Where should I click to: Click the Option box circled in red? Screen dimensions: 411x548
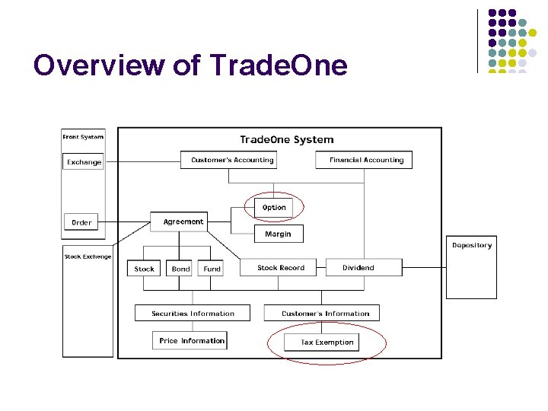point(274,207)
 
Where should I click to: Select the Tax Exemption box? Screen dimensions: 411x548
point(327,342)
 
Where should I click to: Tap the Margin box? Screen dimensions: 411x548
point(278,234)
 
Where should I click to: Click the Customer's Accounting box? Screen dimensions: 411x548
point(231,160)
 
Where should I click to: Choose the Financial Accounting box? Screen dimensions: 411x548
point(366,160)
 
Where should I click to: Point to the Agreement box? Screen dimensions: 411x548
point(183,221)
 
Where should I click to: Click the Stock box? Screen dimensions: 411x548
point(144,268)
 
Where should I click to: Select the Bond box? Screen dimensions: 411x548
point(180,268)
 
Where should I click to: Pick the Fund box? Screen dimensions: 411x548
point(212,268)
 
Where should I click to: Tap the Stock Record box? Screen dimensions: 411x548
point(280,267)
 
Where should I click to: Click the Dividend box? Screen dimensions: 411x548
point(358,267)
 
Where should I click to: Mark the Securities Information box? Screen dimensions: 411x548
point(193,313)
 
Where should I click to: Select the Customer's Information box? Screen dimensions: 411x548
point(325,313)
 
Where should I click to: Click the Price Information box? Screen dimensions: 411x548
point(192,340)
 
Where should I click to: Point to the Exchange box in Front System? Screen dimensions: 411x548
point(84,161)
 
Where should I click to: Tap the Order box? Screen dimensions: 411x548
point(81,222)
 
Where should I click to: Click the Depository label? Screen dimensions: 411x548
point(472,245)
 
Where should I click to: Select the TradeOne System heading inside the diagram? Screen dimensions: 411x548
point(286,139)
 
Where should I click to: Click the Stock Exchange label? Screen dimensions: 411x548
point(88,256)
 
